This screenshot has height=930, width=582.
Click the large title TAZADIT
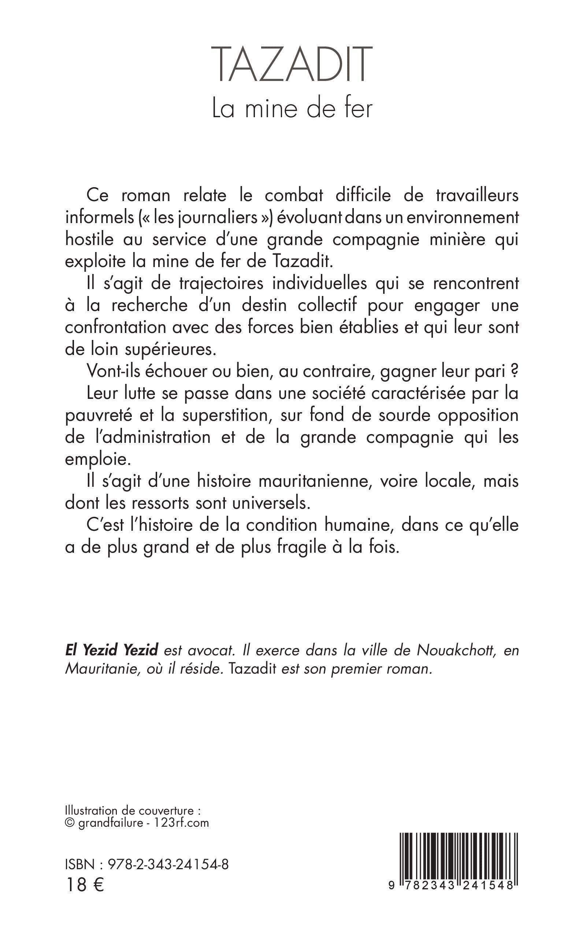(293, 64)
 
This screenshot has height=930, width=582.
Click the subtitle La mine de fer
(293, 108)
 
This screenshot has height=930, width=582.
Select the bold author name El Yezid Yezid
(112, 650)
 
